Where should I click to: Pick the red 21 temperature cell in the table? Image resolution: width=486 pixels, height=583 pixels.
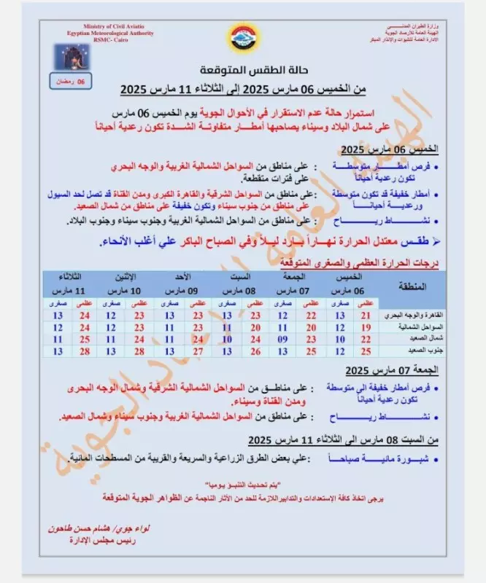point(366,315)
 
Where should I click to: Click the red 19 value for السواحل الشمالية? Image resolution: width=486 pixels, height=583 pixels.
point(366,327)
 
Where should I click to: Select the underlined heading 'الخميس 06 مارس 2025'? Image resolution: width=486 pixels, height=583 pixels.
point(399,149)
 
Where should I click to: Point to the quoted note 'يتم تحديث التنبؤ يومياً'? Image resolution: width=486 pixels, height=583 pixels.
point(243,485)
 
